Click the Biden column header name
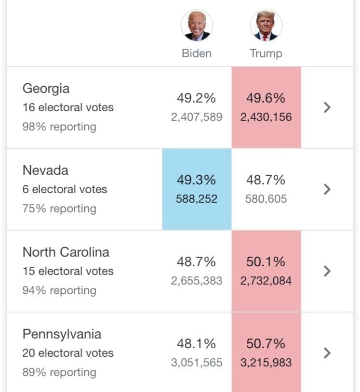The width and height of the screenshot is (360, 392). pos(197,53)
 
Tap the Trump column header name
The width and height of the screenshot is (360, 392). pos(266,54)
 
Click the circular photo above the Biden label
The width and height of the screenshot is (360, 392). pos(197,25)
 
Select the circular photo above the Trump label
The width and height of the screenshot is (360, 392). pos(266,25)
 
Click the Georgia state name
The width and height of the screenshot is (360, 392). pos(46,89)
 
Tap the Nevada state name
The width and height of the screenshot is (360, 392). pos(45,170)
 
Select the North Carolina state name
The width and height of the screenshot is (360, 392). pos(66,252)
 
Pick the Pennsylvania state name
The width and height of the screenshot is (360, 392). pos(62,335)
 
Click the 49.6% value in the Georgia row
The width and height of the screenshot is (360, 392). pos(266,98)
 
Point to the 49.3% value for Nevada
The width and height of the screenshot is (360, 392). pos(197,180)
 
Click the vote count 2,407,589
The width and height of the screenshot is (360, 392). pos(197,117)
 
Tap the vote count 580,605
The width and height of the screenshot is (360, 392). pos(266,199)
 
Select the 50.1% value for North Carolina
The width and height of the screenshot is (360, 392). pos(266,262)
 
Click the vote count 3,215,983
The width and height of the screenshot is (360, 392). pos(266,363)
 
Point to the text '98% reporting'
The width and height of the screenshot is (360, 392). pos(59,127)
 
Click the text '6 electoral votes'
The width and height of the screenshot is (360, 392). pos(65,189)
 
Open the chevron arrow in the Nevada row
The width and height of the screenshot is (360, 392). pos(327,189)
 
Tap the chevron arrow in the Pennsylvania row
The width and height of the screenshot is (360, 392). pos(327,353)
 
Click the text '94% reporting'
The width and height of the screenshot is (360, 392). pos(59,291)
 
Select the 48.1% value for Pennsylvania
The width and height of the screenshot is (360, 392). pos(197,343)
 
